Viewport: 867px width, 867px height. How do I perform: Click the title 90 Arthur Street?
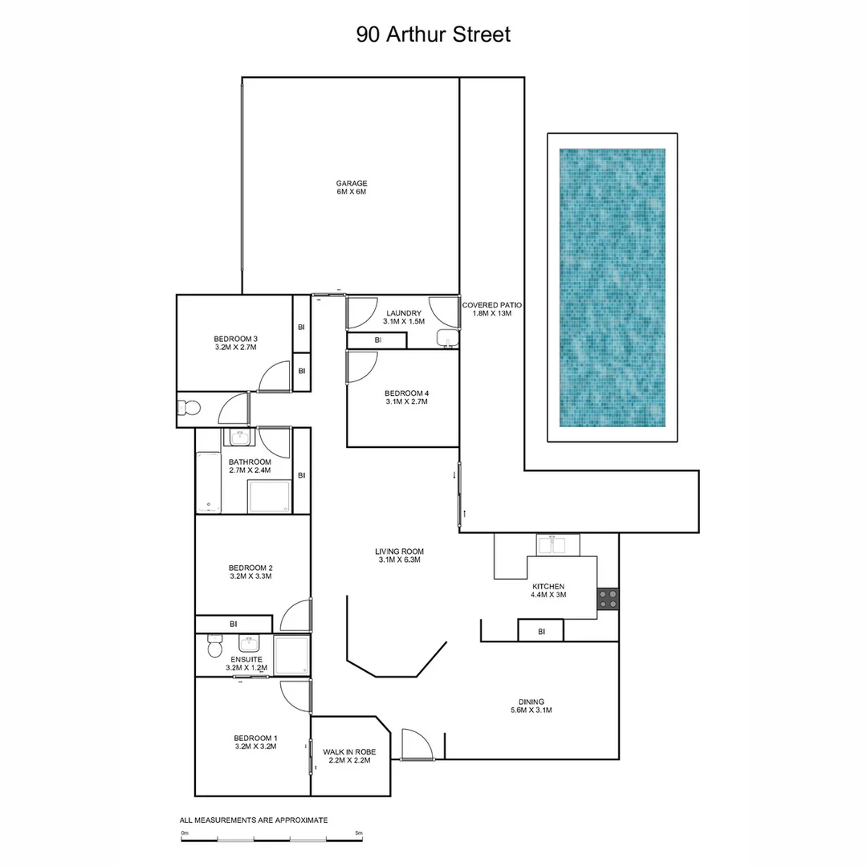coord(433,35)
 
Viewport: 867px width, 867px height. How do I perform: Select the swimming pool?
coord(612,287)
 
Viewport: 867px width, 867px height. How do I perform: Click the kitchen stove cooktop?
coord(608,599)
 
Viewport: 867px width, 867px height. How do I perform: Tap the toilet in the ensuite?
coord(214,646)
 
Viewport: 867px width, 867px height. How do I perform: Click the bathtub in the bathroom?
coord(209,482)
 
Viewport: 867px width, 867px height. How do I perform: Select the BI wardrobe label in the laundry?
coord(377,340)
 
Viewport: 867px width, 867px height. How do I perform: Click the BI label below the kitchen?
coord(541,632)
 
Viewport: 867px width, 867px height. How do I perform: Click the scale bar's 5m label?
coord(359,833)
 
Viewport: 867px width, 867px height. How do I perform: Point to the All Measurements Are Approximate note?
coord(254,820)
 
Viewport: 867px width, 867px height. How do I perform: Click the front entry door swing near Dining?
coord(417,746)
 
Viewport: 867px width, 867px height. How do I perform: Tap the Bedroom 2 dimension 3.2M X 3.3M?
coord(250,576)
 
